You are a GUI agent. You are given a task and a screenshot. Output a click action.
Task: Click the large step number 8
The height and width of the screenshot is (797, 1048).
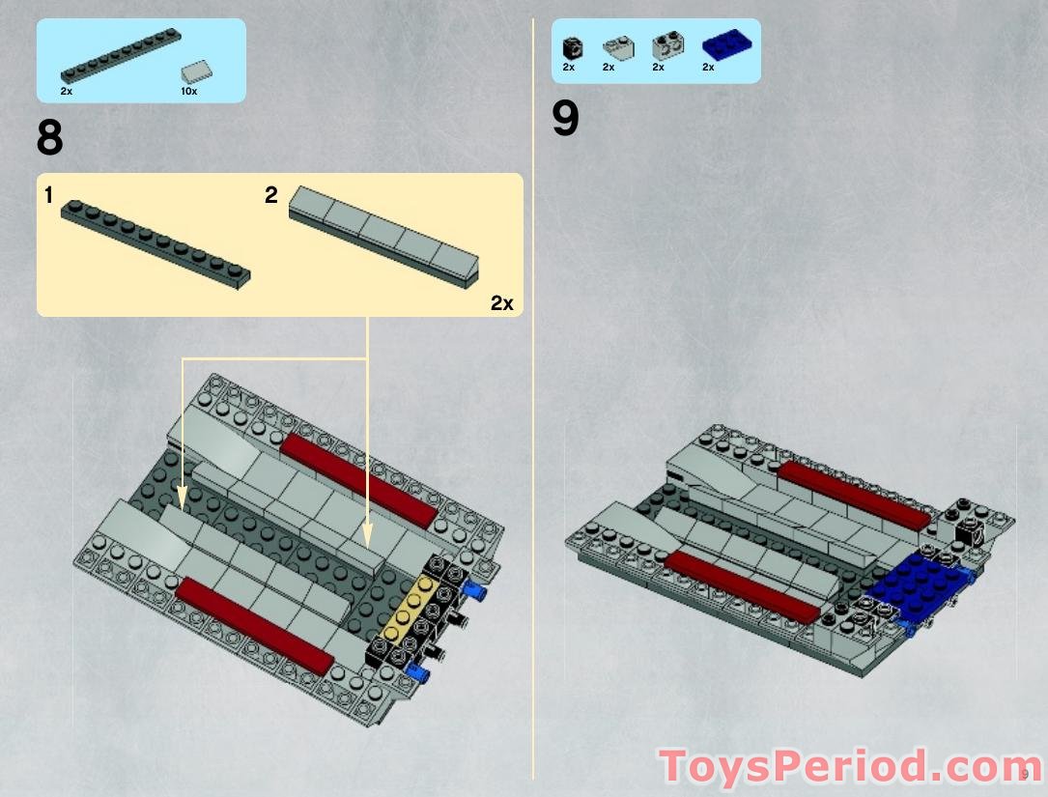(50, 138)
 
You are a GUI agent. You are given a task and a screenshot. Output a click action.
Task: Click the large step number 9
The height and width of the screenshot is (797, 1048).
(565, 121)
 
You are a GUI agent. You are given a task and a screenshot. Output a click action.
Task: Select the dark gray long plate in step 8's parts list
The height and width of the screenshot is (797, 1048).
(121, 57)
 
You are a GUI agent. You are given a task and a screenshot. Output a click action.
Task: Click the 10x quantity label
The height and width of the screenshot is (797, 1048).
(188, 92)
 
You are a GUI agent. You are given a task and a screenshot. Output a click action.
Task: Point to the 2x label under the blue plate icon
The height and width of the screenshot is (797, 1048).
(708, 68)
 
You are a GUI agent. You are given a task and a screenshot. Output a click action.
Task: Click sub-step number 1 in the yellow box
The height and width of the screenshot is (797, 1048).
(48, 195)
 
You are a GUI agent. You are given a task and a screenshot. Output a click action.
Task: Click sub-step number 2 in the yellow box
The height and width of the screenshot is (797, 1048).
(271, 195)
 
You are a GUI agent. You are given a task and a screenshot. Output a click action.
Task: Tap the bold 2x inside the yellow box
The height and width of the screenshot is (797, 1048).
(501, 303)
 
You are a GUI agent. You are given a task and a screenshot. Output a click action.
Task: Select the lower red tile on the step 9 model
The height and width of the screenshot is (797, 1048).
(742, 586)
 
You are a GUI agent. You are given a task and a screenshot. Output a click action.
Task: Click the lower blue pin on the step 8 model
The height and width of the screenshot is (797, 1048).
(417, 672)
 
